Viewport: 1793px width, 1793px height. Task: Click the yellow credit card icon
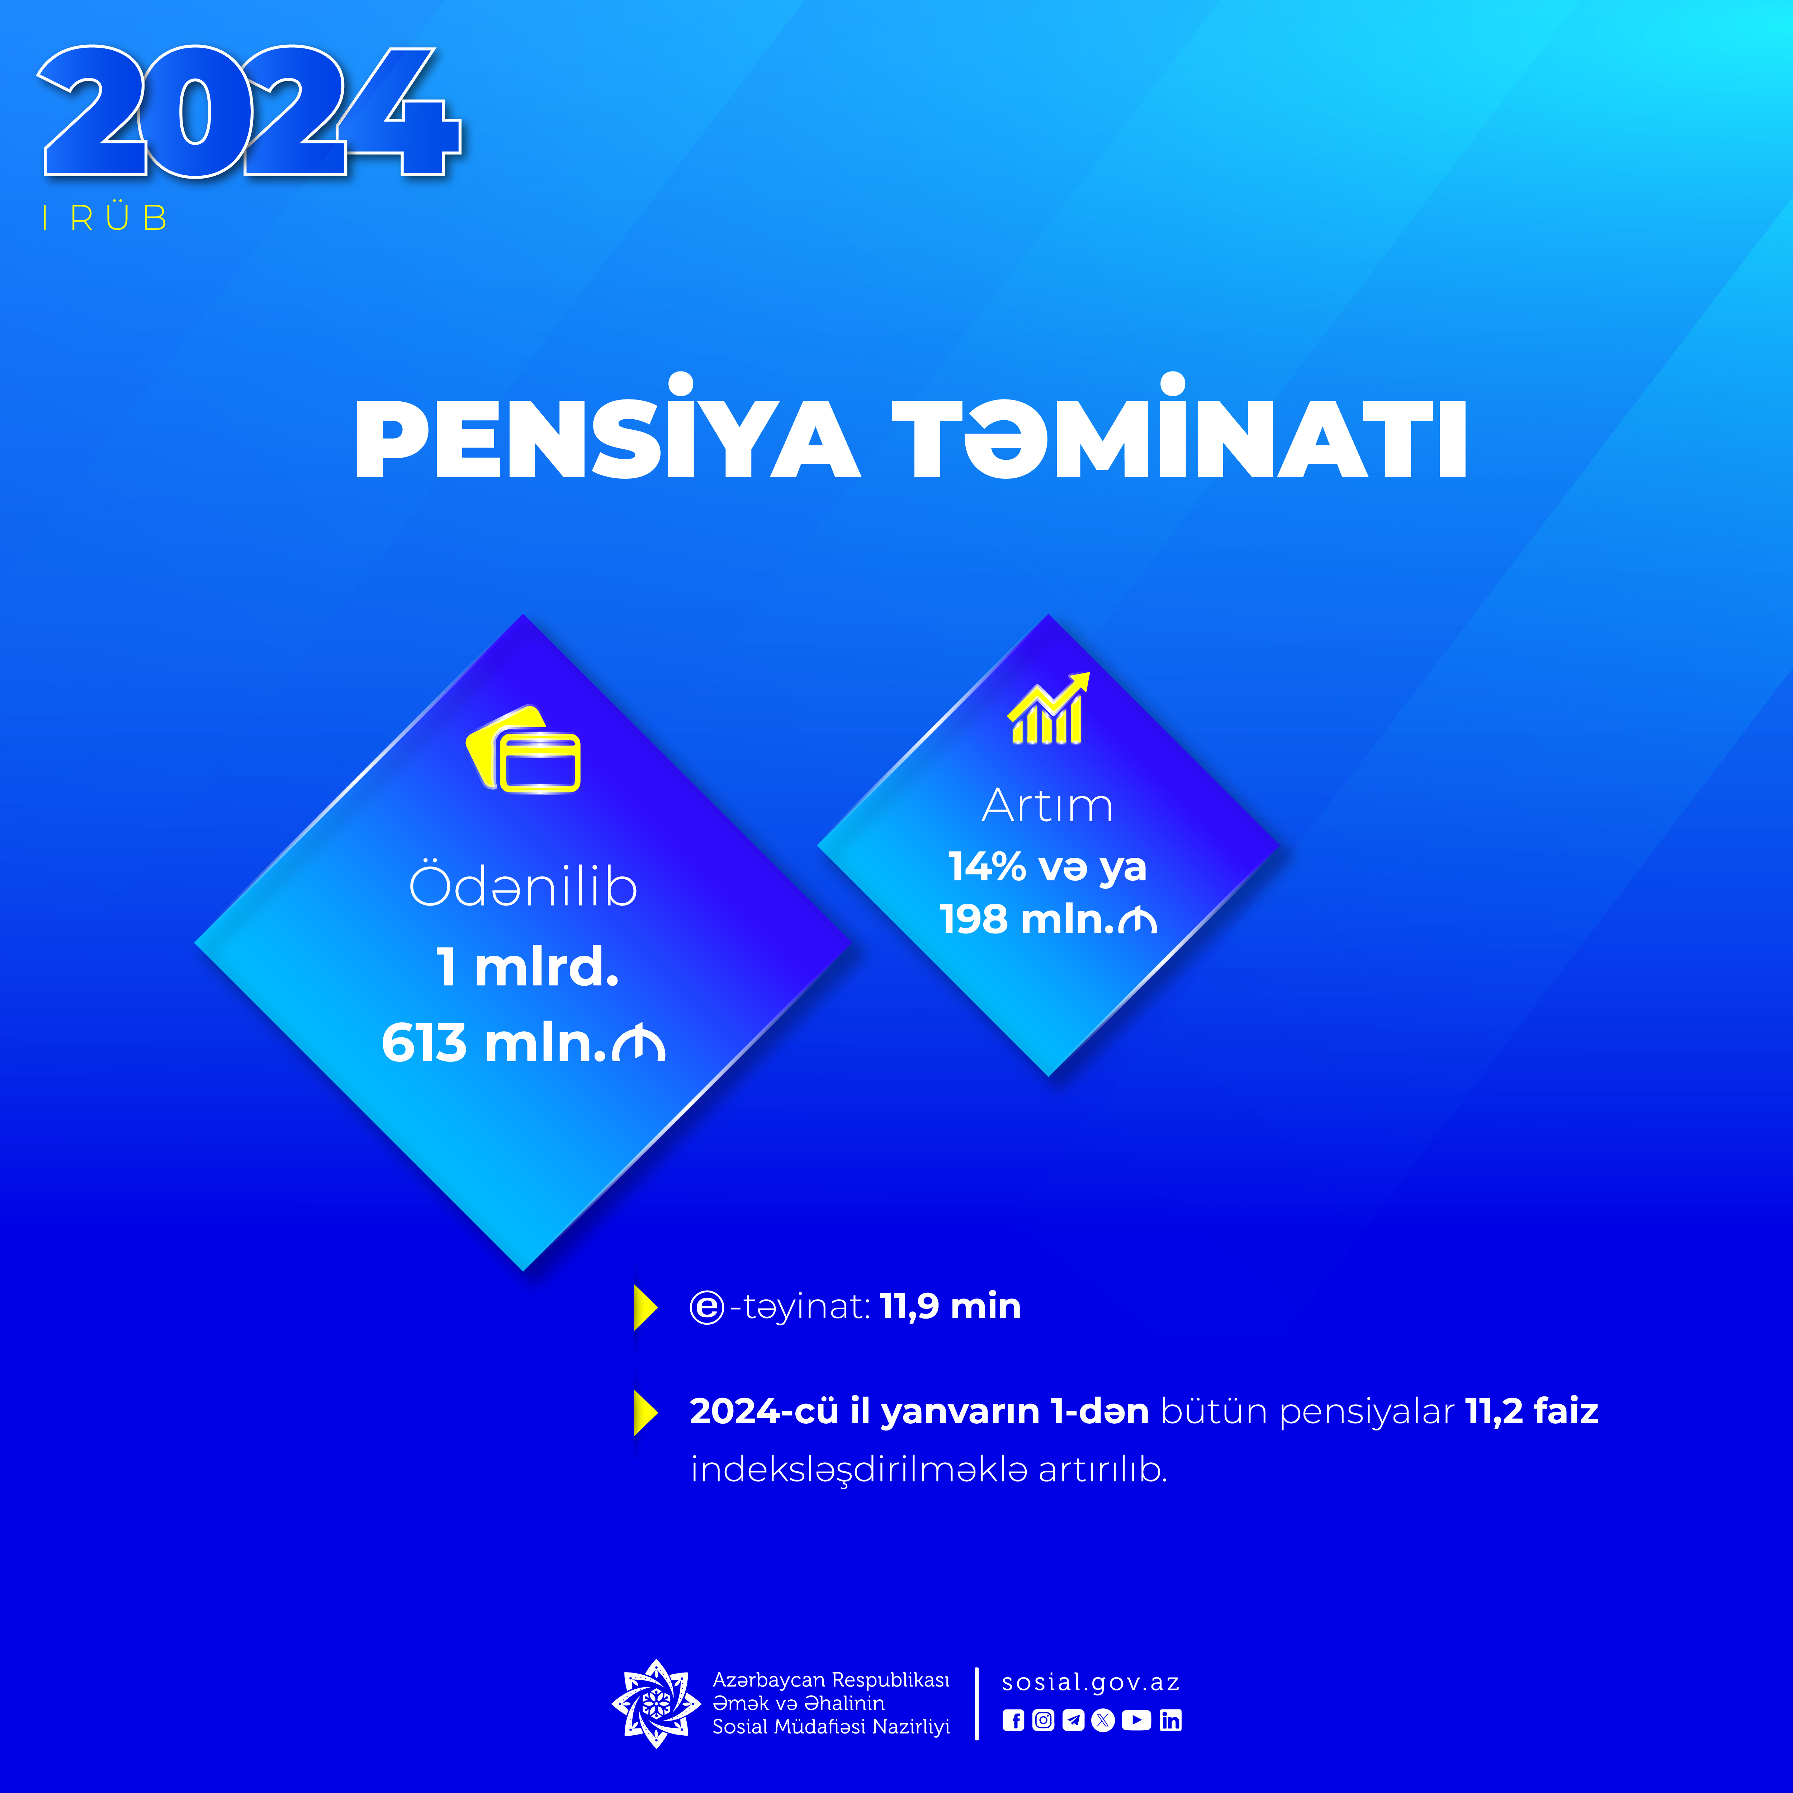coord(524,750)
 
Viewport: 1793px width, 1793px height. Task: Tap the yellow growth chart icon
coord(1048,708)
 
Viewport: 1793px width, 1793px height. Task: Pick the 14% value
coord(987,867)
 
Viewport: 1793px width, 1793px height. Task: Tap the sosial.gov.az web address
coord(1091,1683)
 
